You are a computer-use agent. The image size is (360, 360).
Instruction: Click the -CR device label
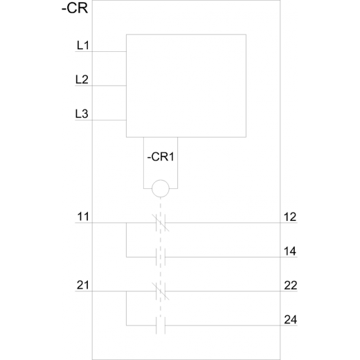[75, 8]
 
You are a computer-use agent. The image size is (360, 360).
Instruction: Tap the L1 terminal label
[83, 45]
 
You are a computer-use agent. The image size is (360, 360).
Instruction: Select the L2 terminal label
[82, 80]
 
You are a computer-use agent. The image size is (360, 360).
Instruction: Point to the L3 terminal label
[82, 114]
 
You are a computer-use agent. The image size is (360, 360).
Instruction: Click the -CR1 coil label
[161, 157]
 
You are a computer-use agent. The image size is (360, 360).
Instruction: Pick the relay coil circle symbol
[161, 188]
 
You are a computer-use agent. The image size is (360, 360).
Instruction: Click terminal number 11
[83, 217]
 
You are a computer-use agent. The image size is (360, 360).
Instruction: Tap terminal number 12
[290, 217]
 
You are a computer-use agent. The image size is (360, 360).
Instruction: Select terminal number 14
[290, 251]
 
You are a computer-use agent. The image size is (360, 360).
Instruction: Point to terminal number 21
[83, 285]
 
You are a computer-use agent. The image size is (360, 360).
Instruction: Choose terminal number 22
[290, 285]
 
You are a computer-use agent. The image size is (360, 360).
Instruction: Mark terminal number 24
[290, 320]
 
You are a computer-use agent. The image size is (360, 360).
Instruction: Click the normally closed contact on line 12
[161, 223]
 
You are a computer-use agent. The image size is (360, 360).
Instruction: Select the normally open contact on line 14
[161, 257]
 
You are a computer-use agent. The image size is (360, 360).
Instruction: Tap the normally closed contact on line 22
[161, 291]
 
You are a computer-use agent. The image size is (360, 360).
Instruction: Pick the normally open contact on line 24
[161, 325]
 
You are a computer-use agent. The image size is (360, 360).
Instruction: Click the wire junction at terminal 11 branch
[126, 223]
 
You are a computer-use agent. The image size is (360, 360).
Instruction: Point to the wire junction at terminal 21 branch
[126, 291]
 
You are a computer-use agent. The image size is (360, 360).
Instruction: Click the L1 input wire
[100, 51]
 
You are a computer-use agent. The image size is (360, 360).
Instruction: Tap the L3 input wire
[100, 120]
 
